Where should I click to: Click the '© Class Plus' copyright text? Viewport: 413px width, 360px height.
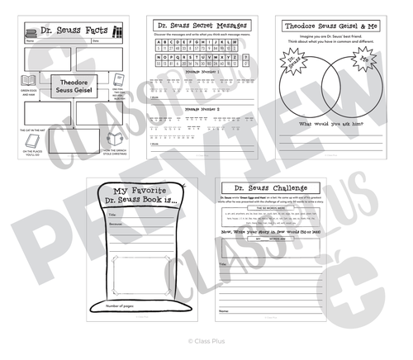(x=206, y=339)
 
